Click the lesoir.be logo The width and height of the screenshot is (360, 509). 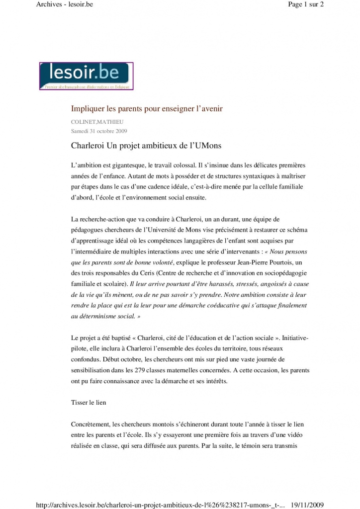[x=86, y=76]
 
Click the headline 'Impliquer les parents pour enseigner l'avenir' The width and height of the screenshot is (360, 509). [x=147, y=108]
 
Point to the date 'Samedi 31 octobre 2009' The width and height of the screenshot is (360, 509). [x=99, y=131]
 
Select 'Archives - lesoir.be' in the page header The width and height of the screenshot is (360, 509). [x=65, y=5]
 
